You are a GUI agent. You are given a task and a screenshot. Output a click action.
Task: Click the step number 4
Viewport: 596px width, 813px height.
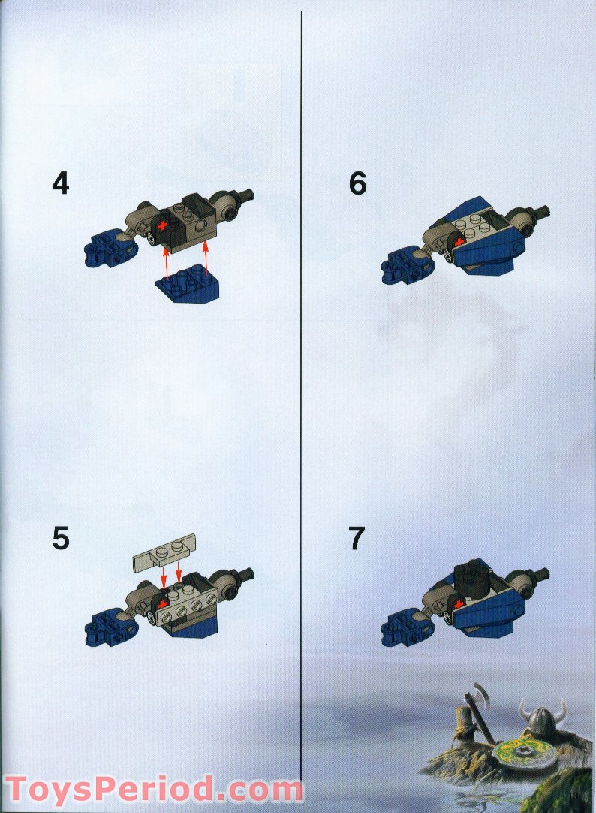[61, 183]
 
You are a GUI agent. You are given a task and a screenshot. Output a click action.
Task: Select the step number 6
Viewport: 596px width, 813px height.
[358, 183]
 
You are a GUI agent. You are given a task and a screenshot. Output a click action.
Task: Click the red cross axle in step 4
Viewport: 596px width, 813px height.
[161, 225]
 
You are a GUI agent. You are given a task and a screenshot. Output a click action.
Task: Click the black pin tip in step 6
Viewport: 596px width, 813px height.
[540, 213]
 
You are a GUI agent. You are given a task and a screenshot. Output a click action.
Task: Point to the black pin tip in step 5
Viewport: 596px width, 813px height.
[244, 576]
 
